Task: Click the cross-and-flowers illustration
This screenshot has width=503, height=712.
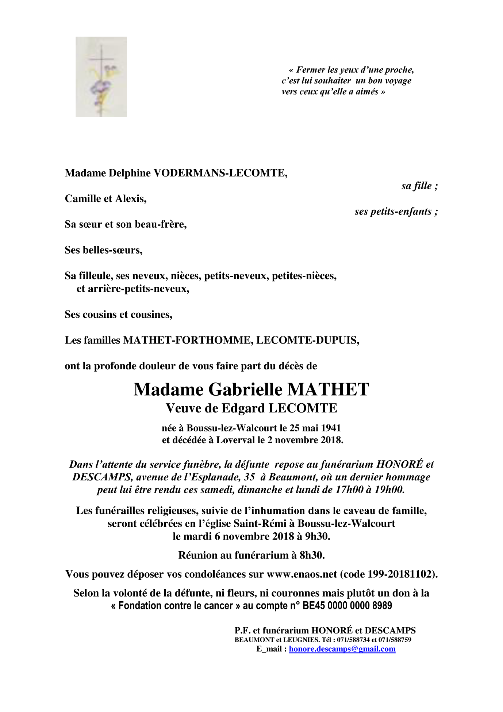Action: (x=101, y=77)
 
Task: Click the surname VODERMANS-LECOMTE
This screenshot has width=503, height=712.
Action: (x=219, y=173)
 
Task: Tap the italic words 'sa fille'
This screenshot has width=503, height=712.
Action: (x=416, y=186)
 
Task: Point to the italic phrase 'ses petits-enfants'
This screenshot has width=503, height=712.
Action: (x=393, y=212)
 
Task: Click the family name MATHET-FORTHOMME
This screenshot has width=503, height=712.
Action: (x=188, y=340)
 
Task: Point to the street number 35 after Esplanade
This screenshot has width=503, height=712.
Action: (x=249, y=477)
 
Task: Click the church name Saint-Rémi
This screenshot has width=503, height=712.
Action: (x=260, y=523)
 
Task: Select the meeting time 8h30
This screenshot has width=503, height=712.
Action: (x=312, y=555)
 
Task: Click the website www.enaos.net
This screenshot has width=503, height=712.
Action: (x=302, y=574)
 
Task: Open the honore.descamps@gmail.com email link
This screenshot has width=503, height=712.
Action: (x=342, y=649)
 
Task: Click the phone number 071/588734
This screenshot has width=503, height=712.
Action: (x=353, y=640)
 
